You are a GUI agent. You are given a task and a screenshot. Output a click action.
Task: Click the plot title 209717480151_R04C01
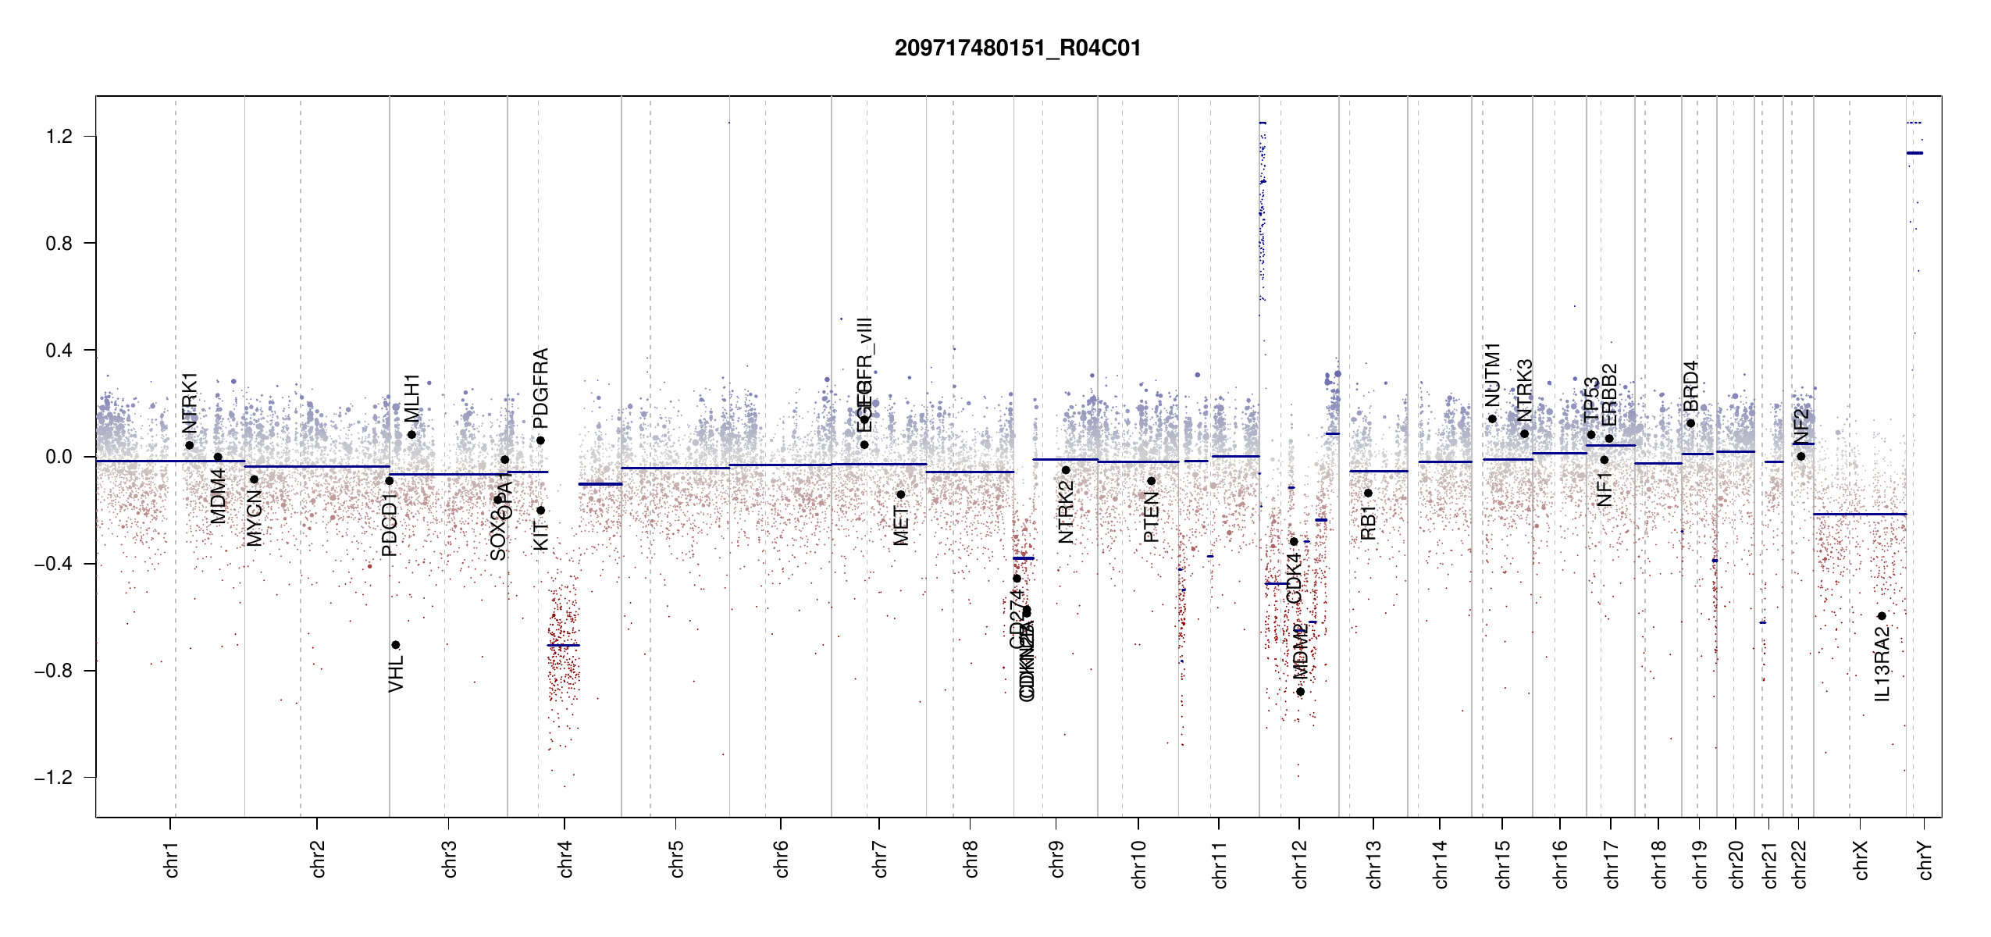pos(1017,48)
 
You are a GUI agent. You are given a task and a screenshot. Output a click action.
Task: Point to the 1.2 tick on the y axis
pos(59,137)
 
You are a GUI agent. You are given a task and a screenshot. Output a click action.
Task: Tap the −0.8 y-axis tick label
pos(54,671)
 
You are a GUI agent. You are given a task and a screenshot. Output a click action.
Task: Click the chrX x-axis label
pos(1861,860)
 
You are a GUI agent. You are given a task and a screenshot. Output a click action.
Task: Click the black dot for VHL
pos(396,645)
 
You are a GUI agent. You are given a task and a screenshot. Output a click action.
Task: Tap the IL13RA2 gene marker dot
pos(1882,616)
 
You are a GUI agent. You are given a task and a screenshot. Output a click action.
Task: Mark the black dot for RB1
pos(1368,493)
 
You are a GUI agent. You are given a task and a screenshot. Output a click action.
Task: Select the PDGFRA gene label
pos(540,388)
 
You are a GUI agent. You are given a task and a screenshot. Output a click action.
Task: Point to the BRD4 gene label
pos(1691,386)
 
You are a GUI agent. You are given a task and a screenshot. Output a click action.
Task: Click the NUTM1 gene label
pos(1493,375)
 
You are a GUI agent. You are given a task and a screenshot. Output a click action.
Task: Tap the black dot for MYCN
pos(254,479)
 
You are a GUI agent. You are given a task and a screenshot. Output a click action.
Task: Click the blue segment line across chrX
pos(1859,514)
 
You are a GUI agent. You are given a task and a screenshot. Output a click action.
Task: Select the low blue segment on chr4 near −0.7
pos(564,645)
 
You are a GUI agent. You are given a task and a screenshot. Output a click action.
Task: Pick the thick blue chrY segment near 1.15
pos(1914,153)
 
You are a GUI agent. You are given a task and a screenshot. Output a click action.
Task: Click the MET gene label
pos(901,526)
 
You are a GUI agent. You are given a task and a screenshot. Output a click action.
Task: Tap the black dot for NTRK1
pos(190,445)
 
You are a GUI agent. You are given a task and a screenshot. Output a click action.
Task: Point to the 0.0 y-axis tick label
pos(59,457)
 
